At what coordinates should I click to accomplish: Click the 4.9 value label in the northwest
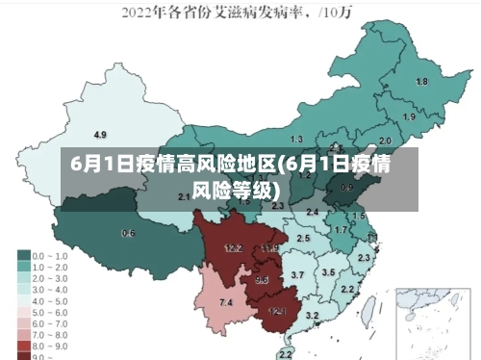[x=100, y=134]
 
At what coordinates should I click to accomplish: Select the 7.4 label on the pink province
[x=226, y=303]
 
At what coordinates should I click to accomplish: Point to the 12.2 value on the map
[x=233, y=248]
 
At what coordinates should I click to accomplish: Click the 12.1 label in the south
[x=277, y=311]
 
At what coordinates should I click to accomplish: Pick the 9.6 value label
[x=262, y=280]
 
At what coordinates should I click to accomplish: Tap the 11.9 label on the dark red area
[x=269, y=248]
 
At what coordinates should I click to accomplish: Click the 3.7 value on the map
[x=298, y=275]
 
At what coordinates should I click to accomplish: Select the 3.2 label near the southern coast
[x=312, y=316]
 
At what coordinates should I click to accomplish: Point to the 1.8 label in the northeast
[x=421, y=82]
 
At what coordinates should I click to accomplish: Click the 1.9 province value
[x=410, y=116]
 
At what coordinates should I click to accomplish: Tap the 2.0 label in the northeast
[x=386, y=140]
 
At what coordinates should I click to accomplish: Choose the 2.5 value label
[x=303, y=238]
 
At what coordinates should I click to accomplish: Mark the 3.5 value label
[x=329, y=272]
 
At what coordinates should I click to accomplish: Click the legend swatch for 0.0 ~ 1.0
[x=23, y=256]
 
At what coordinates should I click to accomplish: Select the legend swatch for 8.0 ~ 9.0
[x=23, y=344]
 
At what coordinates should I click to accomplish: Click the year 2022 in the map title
[x=140, y=13]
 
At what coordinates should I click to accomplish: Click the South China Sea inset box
[x=422, y=321]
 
